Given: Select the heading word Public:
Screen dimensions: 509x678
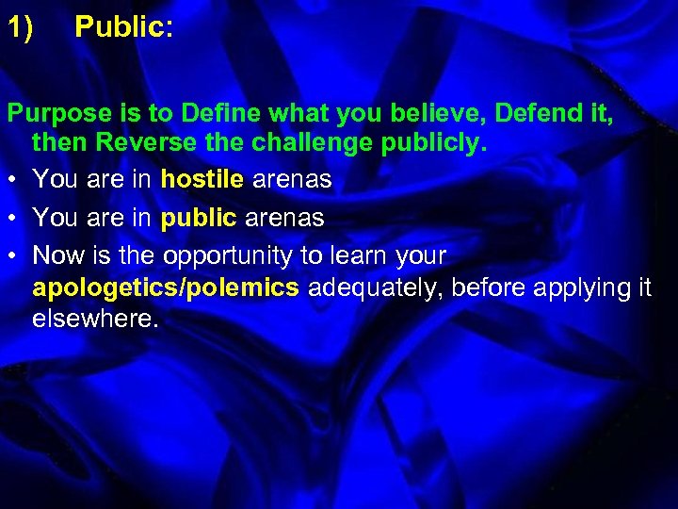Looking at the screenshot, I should (123, 27).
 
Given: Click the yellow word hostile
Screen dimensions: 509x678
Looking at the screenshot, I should (200, 179).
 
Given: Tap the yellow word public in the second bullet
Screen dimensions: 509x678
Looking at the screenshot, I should (200, 219).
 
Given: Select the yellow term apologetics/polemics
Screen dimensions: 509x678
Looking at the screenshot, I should (166, 287).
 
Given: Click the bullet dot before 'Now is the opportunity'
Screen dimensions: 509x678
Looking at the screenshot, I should (13, 256).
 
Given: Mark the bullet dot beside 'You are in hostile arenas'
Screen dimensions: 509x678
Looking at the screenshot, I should (13, 179).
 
